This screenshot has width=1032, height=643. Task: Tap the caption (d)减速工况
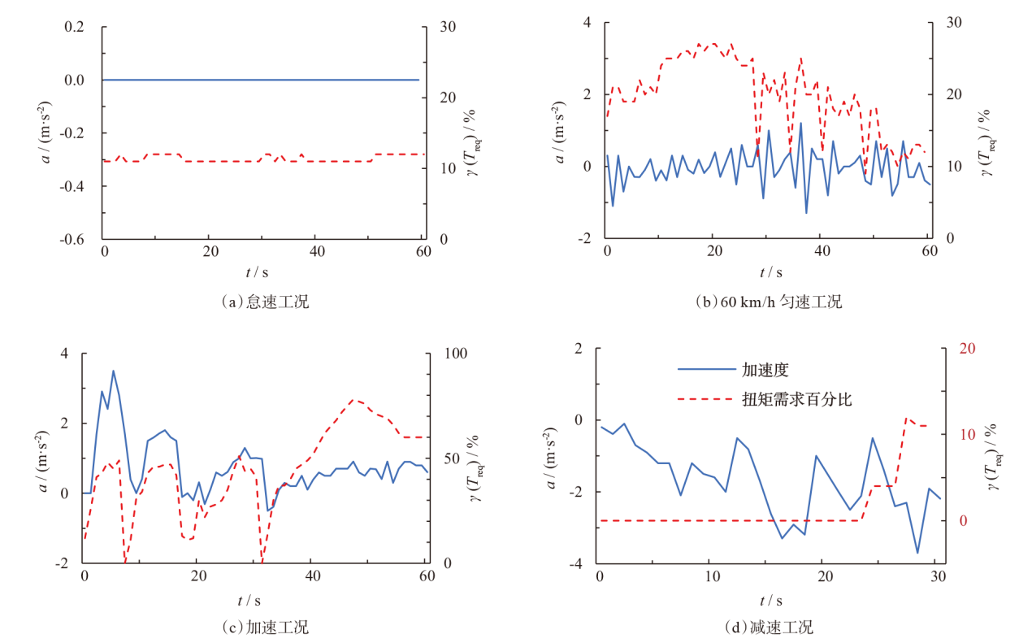tap(769, 628)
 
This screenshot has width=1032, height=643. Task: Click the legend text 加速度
tap(765, 370)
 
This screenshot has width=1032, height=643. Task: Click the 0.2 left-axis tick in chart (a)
tap(75, 27)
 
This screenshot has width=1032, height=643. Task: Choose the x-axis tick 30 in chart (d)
tap(934, 576)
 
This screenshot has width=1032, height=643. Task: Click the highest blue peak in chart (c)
tap(113, 371)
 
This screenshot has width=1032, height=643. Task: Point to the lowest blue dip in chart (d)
tap(917, 553)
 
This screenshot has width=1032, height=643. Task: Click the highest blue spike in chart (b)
tap(800, 124)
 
